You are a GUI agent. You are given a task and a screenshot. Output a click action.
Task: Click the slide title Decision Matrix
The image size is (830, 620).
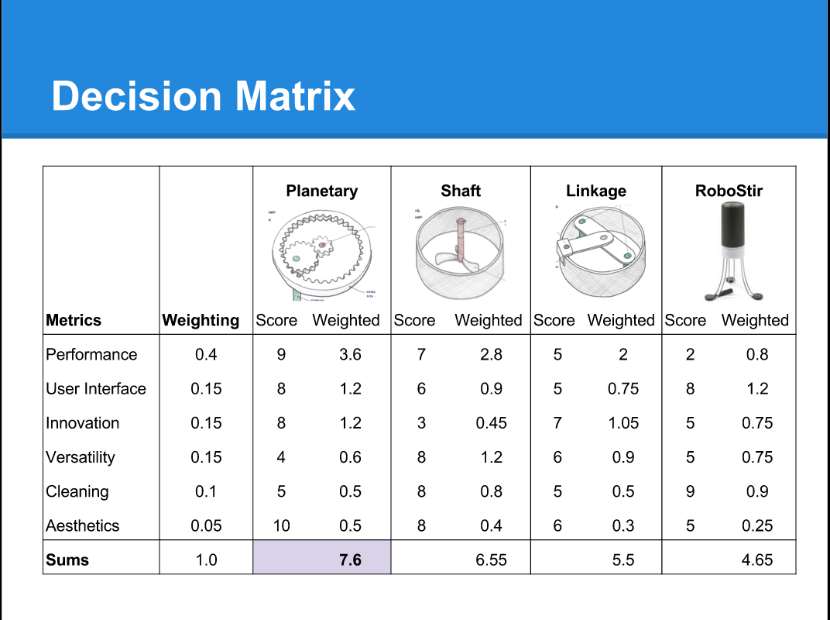point(203,96)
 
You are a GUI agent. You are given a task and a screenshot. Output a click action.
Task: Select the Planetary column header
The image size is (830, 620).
point(321,191)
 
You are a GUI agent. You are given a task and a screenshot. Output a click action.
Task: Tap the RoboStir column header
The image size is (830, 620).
point(729,191)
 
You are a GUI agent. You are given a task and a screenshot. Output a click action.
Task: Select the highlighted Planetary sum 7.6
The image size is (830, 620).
point(350,560)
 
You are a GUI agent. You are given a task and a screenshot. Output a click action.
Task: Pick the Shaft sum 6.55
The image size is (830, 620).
point(491,560)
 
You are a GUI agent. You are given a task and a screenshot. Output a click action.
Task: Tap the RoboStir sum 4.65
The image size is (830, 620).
point(756,560)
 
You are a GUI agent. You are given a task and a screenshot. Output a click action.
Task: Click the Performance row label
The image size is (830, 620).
point(91,354)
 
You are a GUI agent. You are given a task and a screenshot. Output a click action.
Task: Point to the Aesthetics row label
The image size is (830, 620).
point(83,525)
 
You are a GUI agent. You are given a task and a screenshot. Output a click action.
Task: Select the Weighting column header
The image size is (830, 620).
point(201,320)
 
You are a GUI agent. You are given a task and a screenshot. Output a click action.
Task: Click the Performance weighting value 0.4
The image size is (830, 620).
point(206,354)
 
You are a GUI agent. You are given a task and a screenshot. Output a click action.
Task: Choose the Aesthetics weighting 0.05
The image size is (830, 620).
point(206,525)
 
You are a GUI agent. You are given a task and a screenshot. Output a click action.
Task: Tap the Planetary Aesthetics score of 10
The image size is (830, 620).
point(281,525)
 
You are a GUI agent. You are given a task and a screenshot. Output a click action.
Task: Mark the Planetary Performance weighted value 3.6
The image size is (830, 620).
point(350,354)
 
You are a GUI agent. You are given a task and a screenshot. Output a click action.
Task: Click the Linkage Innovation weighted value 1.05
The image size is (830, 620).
point(623,422)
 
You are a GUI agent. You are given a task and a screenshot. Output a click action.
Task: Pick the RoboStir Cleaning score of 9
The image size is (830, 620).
point(690,491)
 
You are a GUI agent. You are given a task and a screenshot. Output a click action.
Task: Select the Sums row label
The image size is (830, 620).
point(67,560)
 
